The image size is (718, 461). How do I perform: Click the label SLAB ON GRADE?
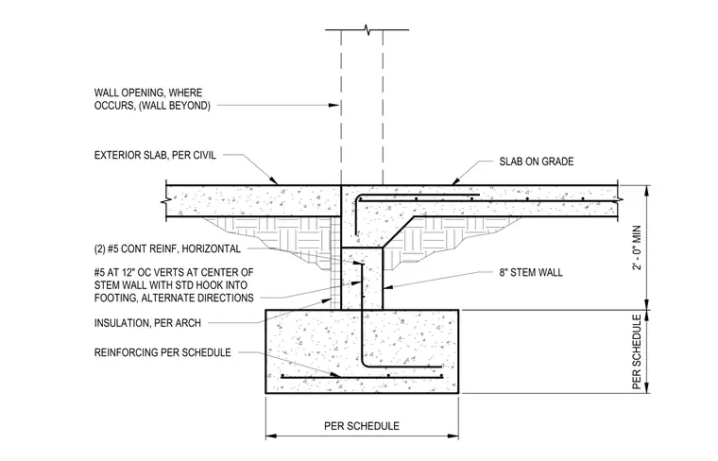(537, 162)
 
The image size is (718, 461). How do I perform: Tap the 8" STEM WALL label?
(531, 273)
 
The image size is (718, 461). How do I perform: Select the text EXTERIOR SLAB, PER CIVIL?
(155, 155)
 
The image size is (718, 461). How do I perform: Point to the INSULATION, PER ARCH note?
(147, 323)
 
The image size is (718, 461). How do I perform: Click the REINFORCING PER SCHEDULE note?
(162, 352)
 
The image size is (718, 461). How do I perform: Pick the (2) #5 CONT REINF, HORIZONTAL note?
(167, 249)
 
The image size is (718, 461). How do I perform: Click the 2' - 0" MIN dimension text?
(637, 248)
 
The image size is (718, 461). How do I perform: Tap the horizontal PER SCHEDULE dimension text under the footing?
(362, 426)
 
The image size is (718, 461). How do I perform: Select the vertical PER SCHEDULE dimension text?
(637, 352)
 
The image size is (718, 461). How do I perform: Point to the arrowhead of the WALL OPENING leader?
(333, 105)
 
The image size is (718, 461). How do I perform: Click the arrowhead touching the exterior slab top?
(273, 180)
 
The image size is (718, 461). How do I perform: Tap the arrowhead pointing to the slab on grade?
(456, 180)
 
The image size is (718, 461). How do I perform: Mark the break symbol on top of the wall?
(368, 30)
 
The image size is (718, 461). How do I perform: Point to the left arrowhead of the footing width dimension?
(271, 436)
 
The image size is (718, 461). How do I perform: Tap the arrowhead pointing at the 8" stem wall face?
(387, 288)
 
